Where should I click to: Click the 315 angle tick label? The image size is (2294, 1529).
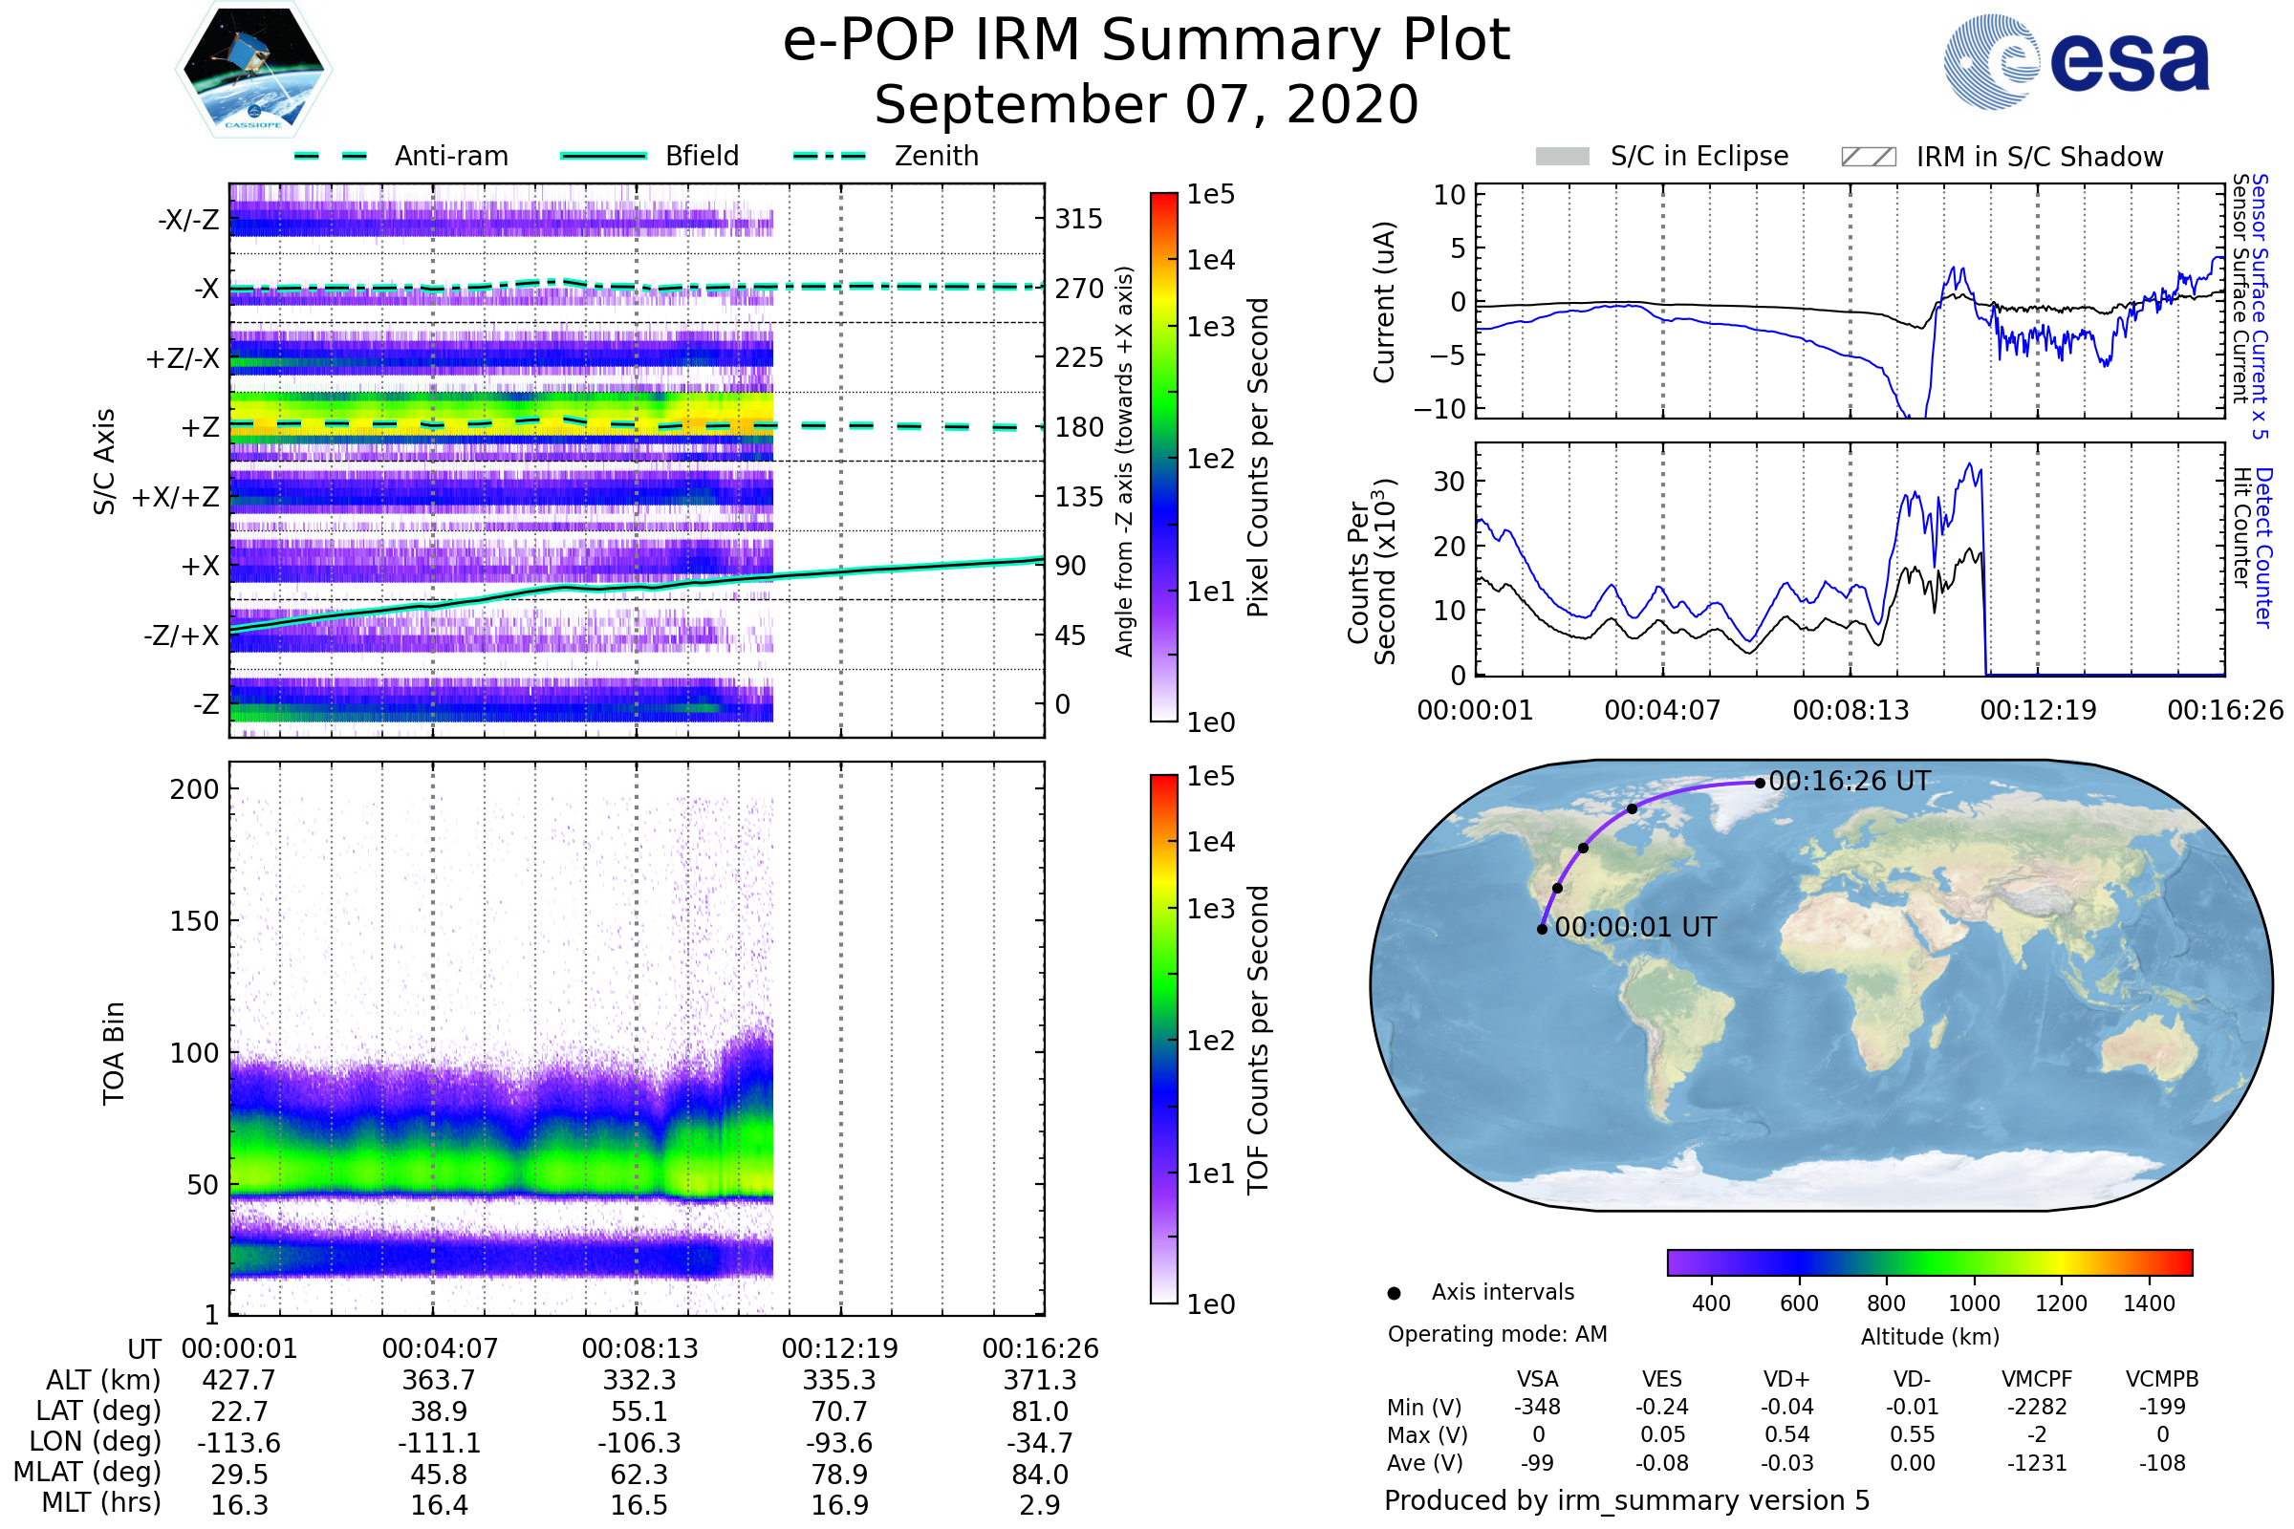coord(1078,219)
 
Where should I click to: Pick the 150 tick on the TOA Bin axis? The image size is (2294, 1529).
coord(194,921)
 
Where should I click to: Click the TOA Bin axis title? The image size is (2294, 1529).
coord(113,1052)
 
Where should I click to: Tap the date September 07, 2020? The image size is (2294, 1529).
coord(1146,105)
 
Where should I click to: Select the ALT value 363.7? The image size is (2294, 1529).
coord(439,1380)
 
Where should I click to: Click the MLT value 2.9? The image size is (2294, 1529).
coord(1040,1504)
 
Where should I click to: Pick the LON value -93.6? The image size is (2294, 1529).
coord(839,1442)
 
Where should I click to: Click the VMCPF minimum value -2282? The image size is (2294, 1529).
coord(2037,1407)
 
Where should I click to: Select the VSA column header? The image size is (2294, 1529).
coord(1537,1379)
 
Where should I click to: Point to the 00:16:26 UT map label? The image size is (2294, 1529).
coord(1850,781)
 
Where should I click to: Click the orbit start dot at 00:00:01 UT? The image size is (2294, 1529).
coord(1542,929)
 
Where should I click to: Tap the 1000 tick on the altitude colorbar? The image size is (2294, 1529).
coord(1974,1303)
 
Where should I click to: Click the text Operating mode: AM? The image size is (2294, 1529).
coord(1497,1334)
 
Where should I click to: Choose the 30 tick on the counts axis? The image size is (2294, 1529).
coord(1448,482)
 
